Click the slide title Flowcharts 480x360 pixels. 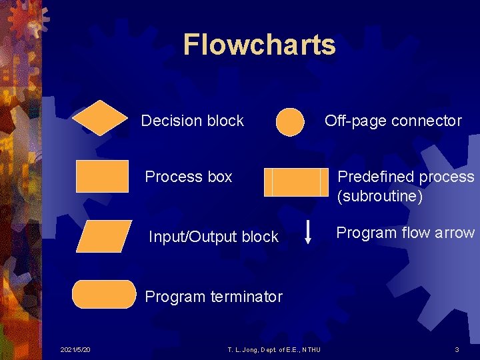point(259,45)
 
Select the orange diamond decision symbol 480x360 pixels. point(99,118)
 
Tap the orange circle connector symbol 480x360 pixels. point(290,122)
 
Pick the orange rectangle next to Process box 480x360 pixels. point(102,176)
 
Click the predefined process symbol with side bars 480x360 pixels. point(297,182)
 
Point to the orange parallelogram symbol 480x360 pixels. point(104,236)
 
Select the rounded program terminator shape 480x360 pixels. point(104,294)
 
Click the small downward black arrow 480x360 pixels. point(307,231)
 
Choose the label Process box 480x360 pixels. point(189,177)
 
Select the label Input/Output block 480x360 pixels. point(213,237)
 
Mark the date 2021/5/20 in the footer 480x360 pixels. point(75,350)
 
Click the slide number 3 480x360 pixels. point(457,350)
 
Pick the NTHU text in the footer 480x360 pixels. point(311,350)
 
